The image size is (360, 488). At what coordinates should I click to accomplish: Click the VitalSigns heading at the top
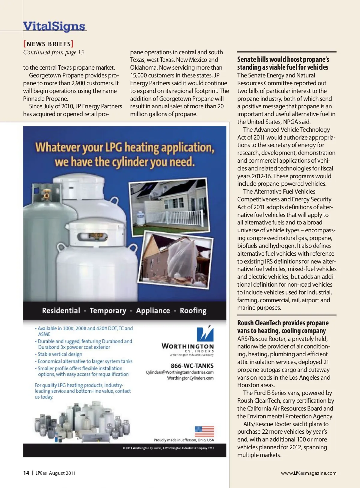[x=54, y=26]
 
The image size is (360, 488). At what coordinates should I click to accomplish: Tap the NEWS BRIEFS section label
[x=49, y=44]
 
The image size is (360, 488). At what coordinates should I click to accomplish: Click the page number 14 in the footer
[x=26, y=473]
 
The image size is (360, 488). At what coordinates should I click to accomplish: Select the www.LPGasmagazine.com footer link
[x=309, y=473]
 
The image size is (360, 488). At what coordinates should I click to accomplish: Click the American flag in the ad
[x=204, y=431]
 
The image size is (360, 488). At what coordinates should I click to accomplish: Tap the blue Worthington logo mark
[x=205, y=334]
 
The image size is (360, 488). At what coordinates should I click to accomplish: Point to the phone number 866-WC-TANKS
[x=192, y=366]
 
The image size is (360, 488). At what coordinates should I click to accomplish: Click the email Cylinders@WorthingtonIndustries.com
[x=180, y=372]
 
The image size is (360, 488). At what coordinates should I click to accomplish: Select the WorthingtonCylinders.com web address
[x=190, y=378]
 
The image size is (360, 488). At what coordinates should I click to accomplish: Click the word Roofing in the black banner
[x=193, y=311]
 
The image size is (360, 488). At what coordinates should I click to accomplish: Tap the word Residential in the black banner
[x=61, y=311]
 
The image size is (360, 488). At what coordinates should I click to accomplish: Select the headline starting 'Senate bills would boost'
[x=283, y=63]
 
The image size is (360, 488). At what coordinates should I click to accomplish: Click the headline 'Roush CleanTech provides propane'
[x=283, y=327]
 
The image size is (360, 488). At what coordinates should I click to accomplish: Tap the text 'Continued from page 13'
[x=53, y=52]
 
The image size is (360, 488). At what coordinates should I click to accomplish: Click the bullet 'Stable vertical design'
[x=60, y=354]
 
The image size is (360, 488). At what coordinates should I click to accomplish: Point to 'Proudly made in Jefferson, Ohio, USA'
[x=184, y=440]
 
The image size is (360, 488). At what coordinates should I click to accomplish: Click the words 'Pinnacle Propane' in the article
[x=46, y=99]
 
